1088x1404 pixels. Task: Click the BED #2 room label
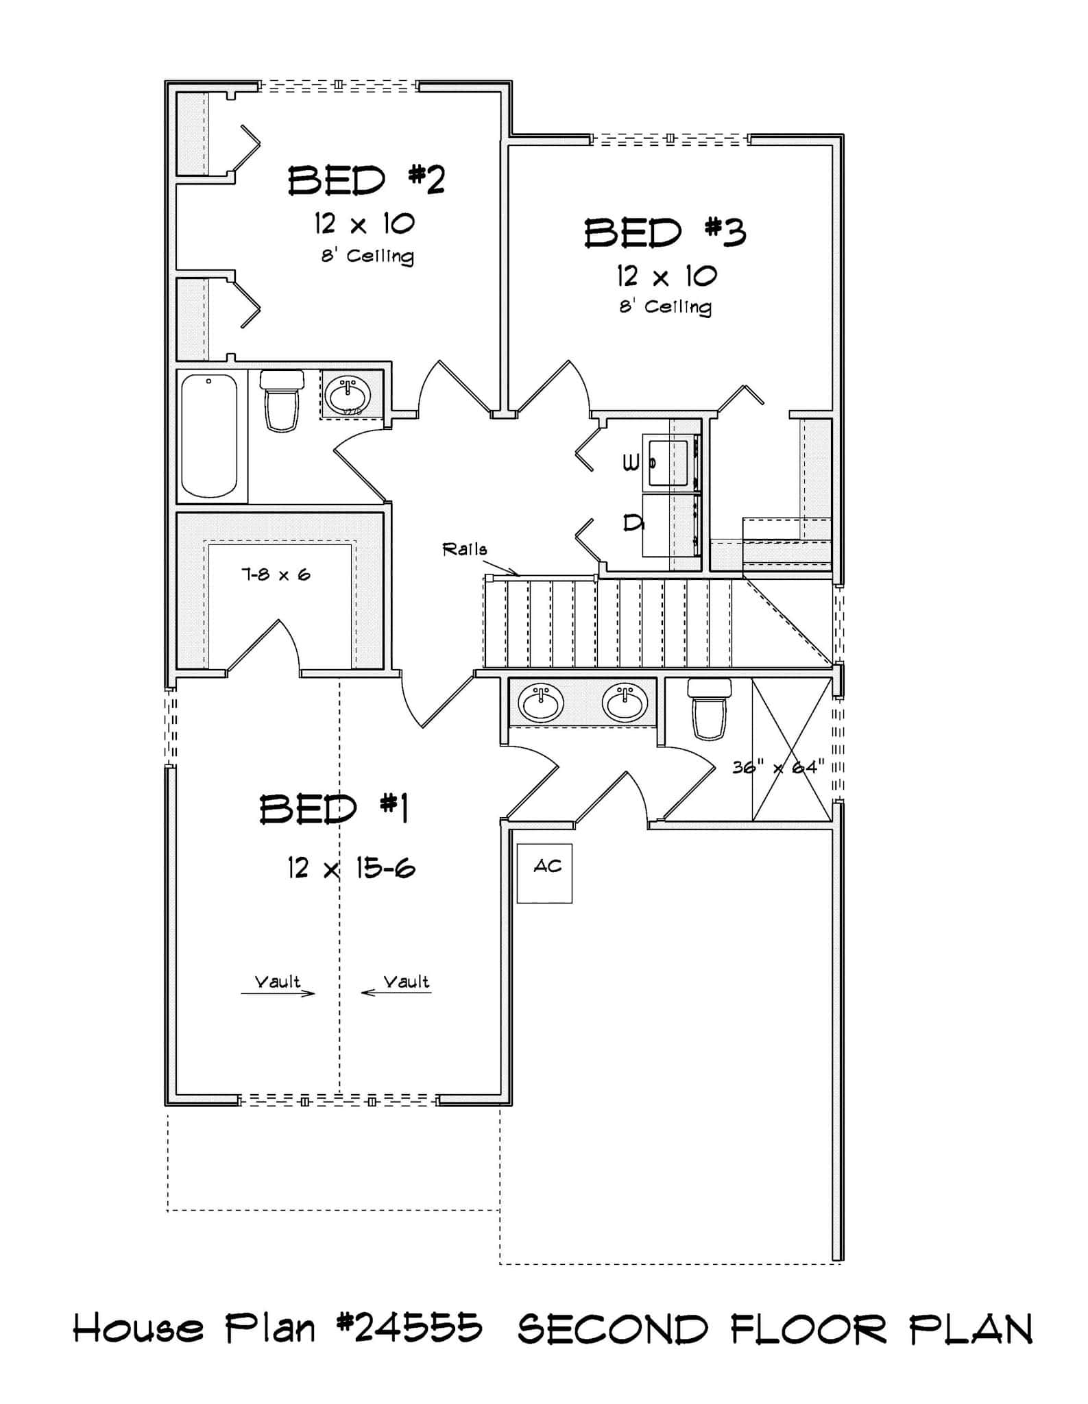(x=366, y=181)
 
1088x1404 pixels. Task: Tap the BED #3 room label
(x=664, y=233)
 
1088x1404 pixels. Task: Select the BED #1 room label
(x=334, y=809)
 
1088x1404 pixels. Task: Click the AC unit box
(x=544, y=873)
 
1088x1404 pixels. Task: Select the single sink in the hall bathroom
(x=348, y=394)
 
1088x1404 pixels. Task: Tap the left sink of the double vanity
(x=541, y=703)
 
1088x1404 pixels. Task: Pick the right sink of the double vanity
(x=625, y=703)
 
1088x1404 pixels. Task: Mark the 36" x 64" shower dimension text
(x=777, y=767)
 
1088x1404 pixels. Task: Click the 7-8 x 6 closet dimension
(x=275, y=574)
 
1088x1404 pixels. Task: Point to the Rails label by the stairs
(x=465, y=549)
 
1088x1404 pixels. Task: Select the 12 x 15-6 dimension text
(x=351, y=869)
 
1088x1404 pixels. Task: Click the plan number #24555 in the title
(x=409, y=1329)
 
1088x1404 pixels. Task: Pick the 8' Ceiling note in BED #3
(x=665, y=306)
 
